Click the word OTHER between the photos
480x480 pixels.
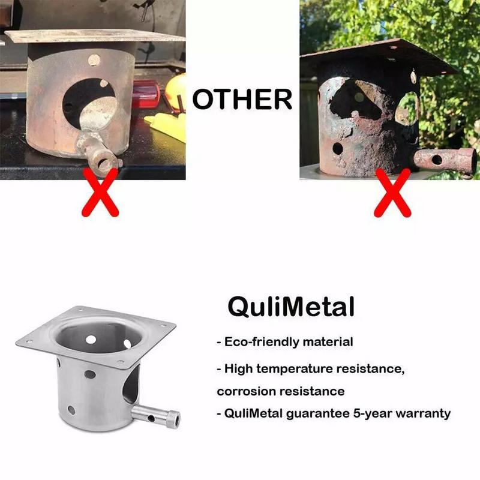point(242,99)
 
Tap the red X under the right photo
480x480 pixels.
point(391,193)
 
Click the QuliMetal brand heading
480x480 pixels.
point(291,307)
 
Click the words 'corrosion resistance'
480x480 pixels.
point(281,391)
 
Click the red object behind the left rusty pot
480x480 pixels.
point(146,96)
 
